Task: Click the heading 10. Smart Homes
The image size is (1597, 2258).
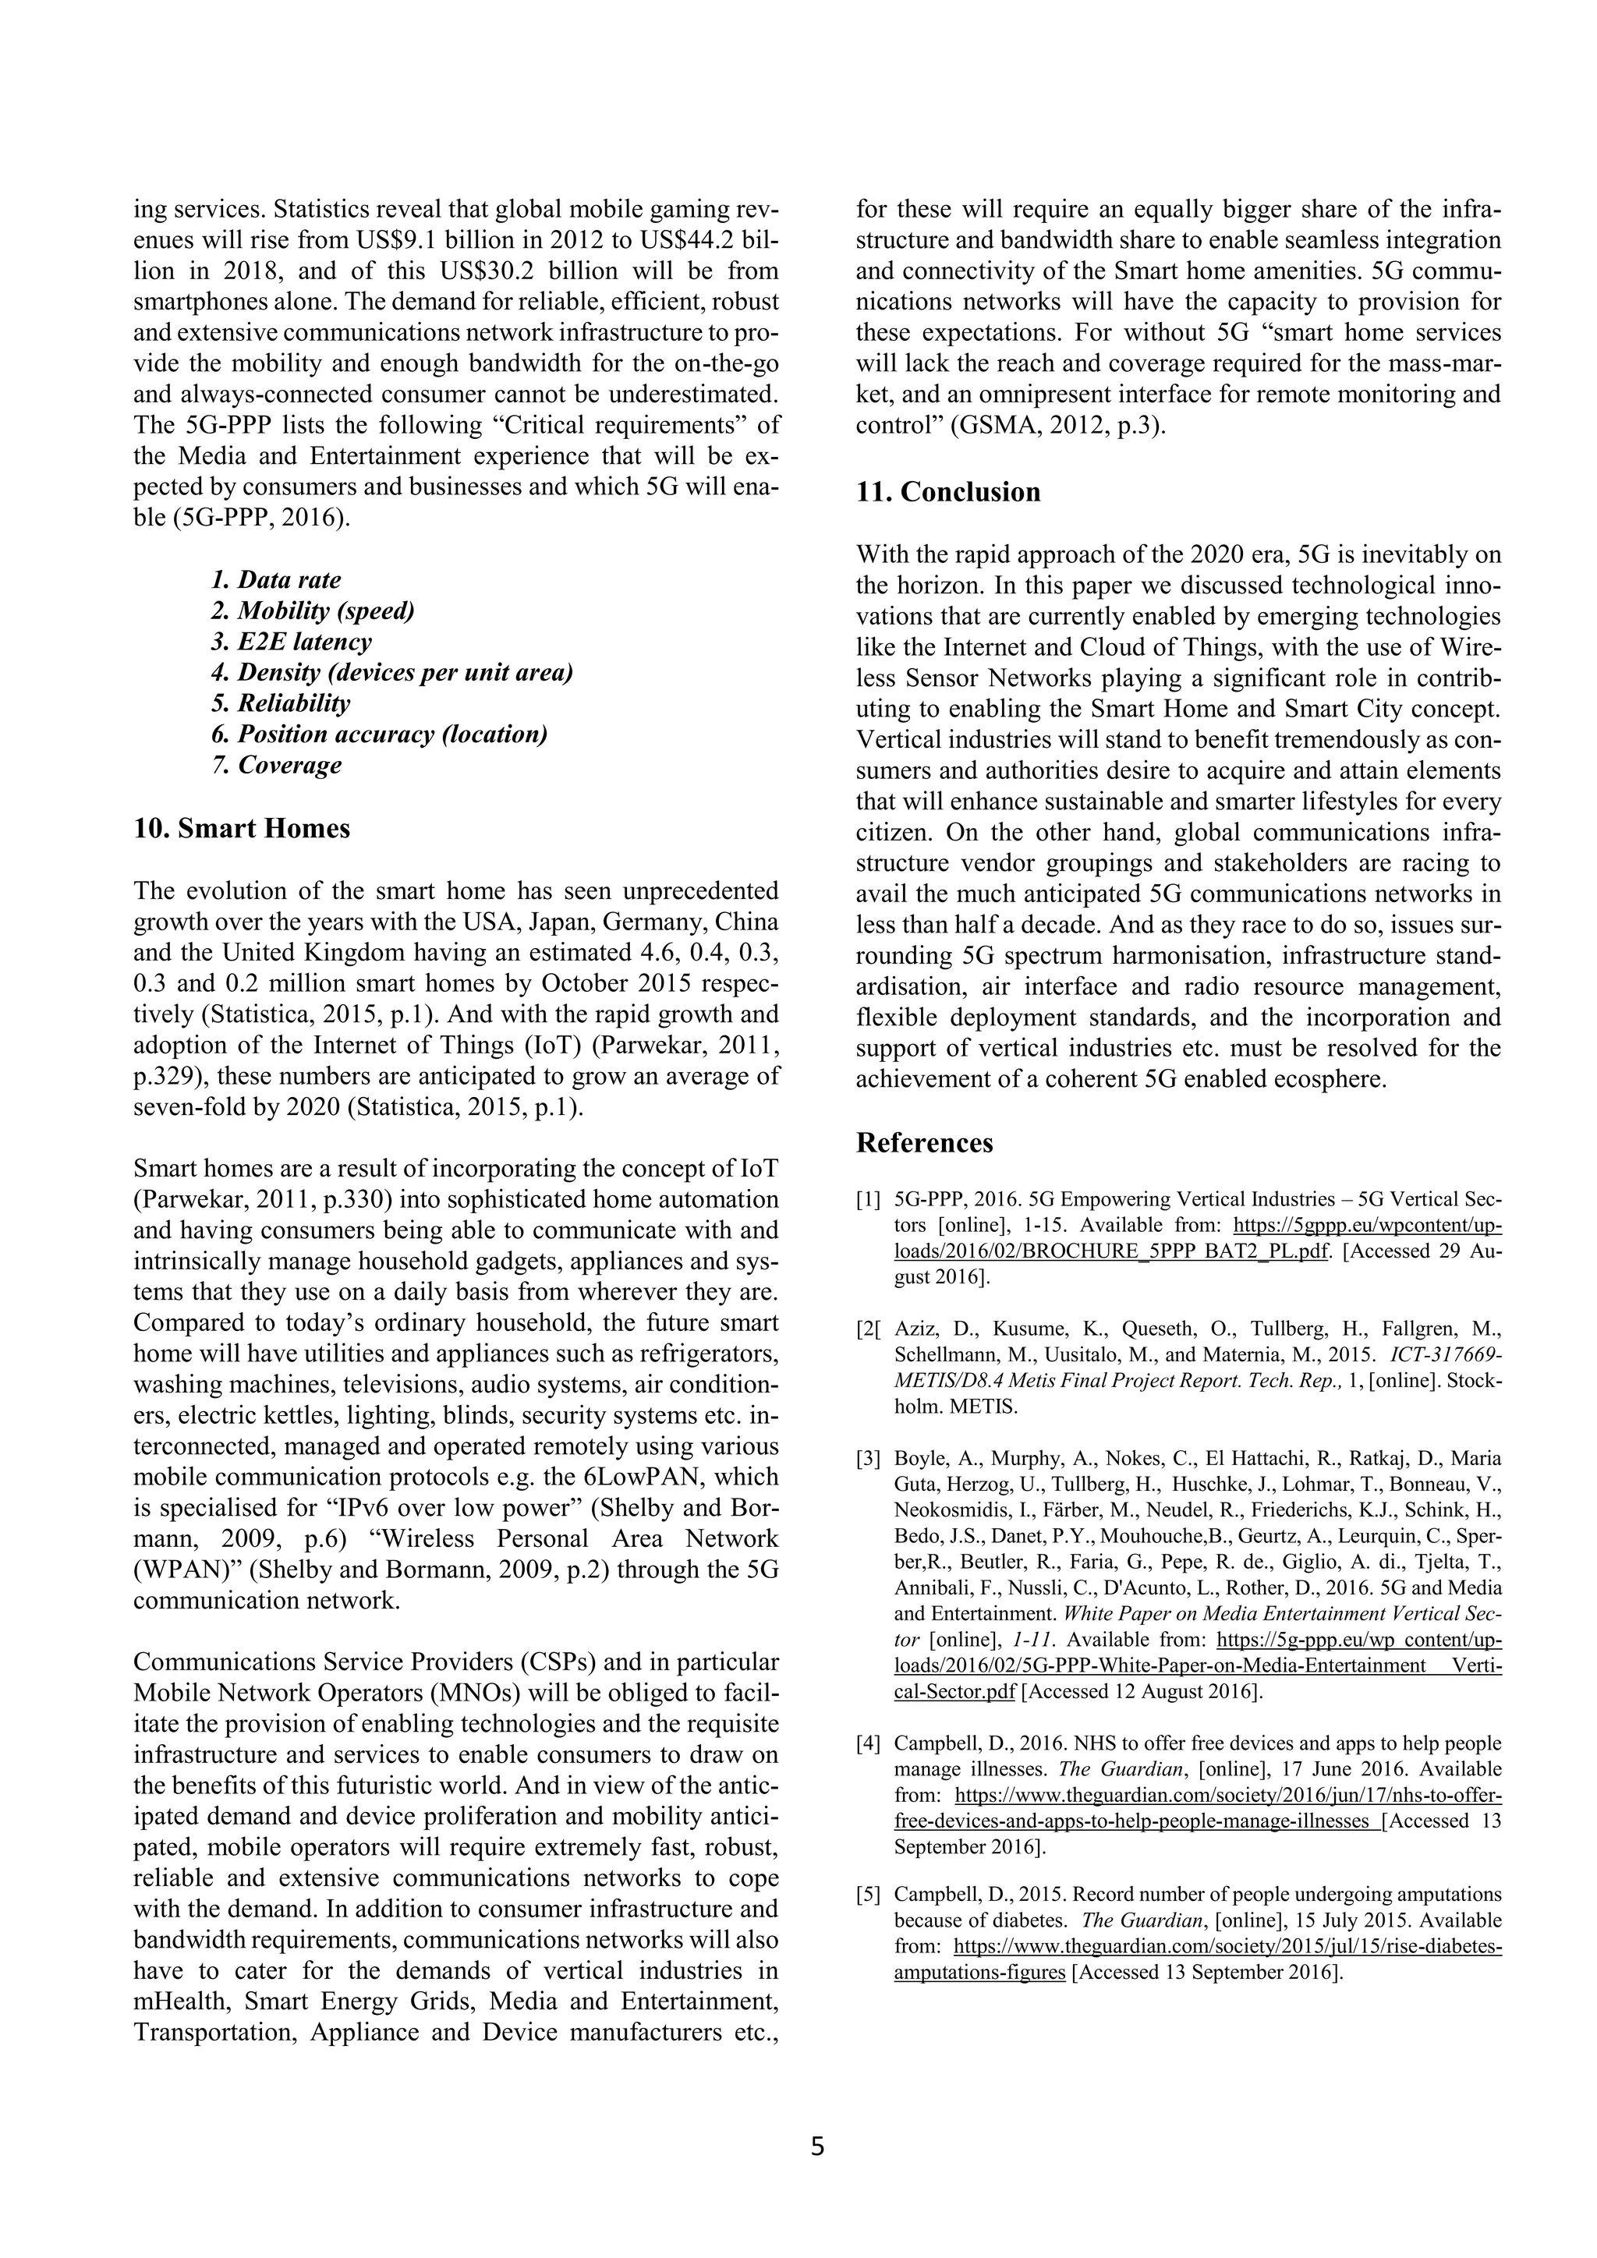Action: click(242, 829)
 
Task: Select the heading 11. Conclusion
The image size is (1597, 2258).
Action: click(948, 492)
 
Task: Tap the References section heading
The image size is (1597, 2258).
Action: click(924, 1143)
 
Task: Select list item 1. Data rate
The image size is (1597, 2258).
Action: click(276, 580)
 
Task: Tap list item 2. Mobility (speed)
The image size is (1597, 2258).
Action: click(313, 611)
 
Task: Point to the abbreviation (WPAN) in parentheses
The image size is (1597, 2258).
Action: click(187, 1570)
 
